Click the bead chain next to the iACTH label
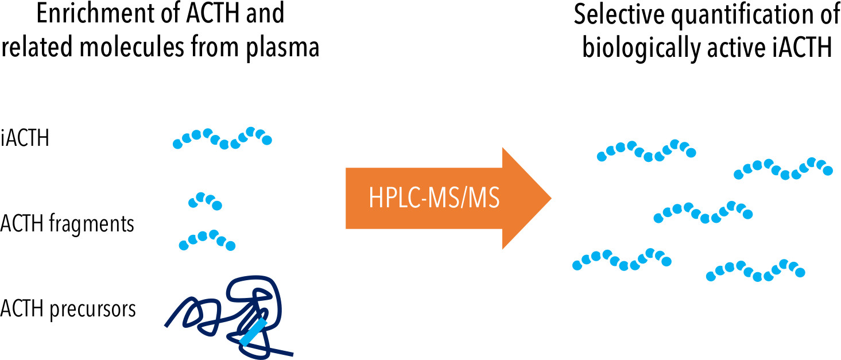[222, 138]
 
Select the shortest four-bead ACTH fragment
[205, 200]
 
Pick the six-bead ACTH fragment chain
[207, 240]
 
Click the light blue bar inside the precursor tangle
[253, 334]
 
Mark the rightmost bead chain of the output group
[783, 168]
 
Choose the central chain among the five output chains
[703, 212]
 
